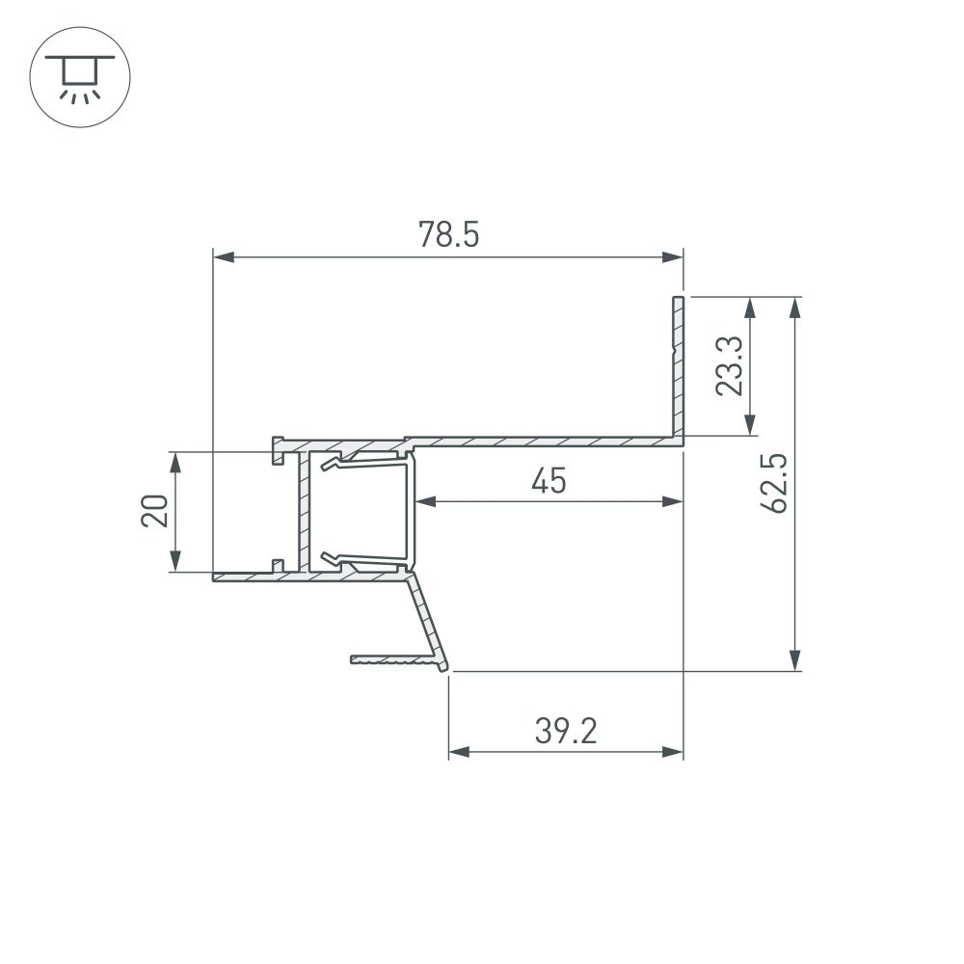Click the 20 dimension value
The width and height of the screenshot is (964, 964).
(x=155, y=511)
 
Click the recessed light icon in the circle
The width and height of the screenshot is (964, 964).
(x=80, y=77)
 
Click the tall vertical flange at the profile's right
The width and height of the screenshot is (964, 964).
(x=678, y=366)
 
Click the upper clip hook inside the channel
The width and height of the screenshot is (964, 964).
(x=333, y=465)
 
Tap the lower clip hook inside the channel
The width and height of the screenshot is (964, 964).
(x=333, y=557)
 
